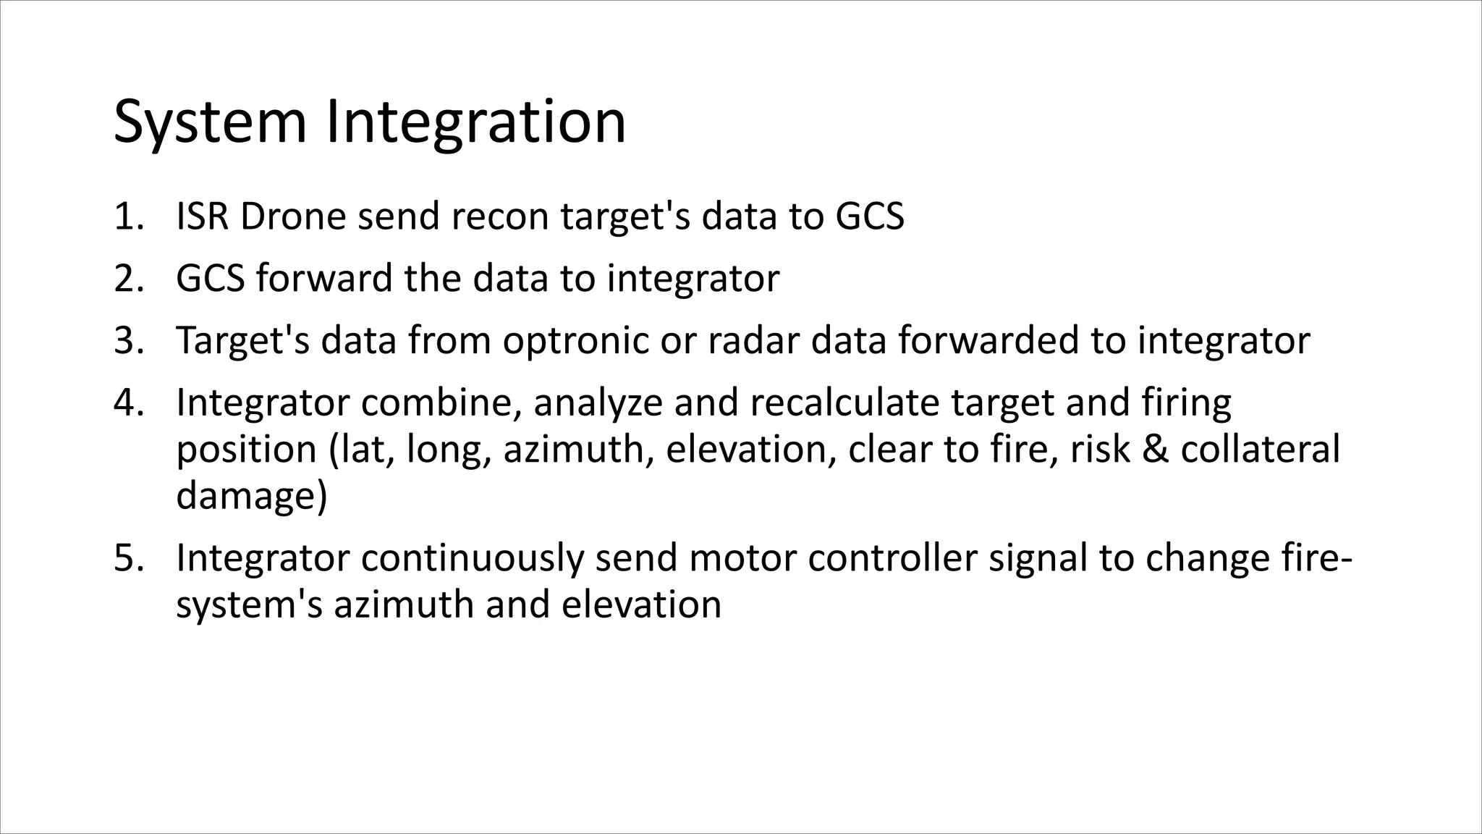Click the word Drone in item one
pos(292,216)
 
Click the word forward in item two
pos(323,279)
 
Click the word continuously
pos(472,558)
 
